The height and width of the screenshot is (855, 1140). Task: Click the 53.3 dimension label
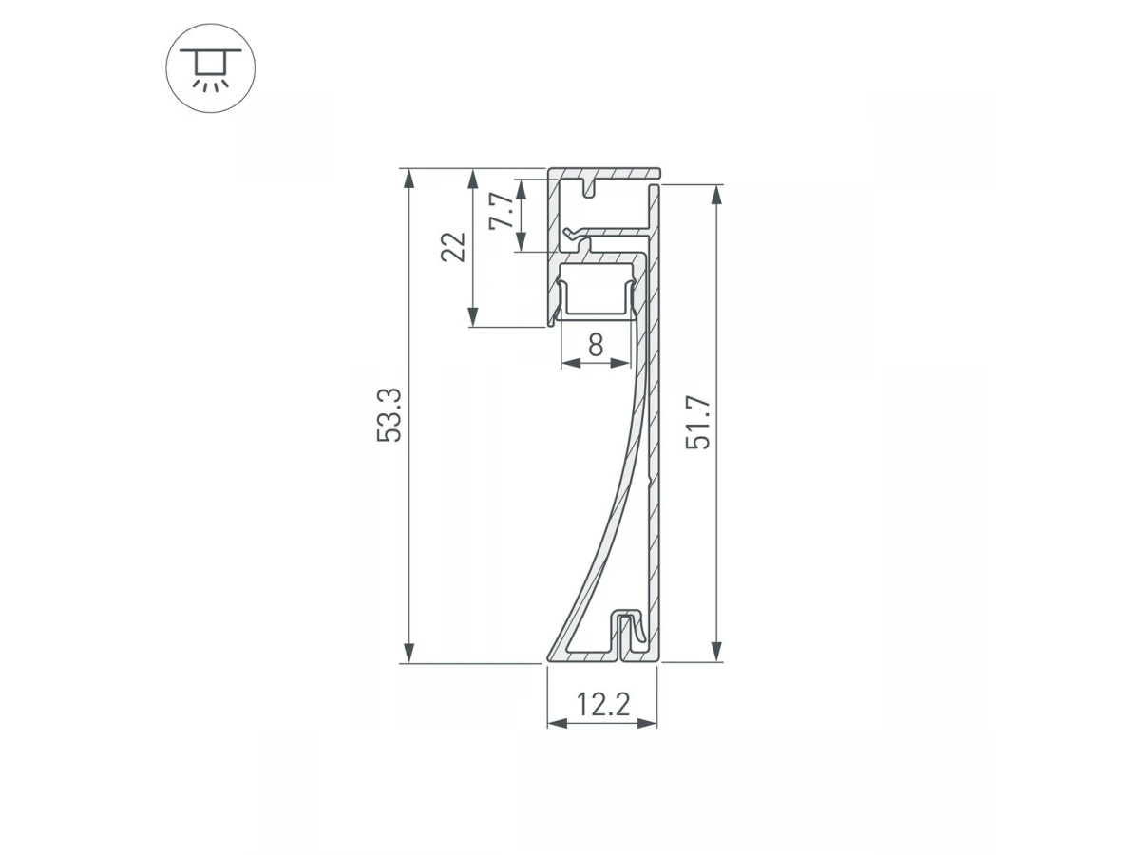(x=389, y=415)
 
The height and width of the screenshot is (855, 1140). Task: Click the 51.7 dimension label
(x=698, y=422)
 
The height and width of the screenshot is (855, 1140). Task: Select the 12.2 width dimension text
(x=603, y=705)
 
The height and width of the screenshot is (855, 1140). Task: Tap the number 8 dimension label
(x=596, y=345)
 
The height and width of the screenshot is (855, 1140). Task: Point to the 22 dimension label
(x=453, y=247)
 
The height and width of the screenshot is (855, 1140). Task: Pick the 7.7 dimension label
(x=502, y=210)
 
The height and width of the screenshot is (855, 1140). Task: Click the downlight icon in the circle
(x=210, y=69)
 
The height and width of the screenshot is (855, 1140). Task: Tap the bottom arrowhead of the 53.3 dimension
(x=409, y=653)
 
